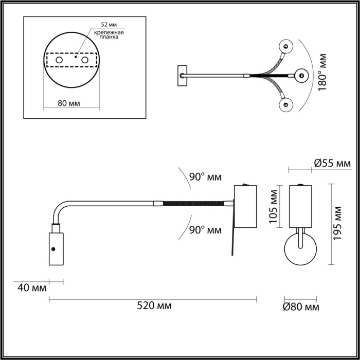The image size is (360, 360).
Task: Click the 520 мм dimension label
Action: pos(154,306)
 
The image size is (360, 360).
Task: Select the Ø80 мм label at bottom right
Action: pos(301,307)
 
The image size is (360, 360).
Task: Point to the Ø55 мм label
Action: pos(332,164)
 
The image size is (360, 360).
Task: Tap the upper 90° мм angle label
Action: pos(205,177)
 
